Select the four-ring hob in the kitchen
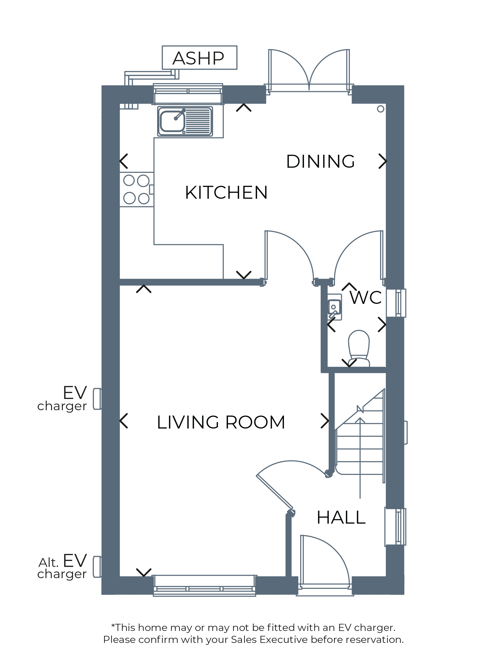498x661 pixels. point(137,189)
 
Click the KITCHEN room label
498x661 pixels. point(226,192)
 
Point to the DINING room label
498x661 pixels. point(320,162)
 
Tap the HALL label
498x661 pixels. point(341,517)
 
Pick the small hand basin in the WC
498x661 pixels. point(334,307)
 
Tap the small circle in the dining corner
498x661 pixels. point(381,109)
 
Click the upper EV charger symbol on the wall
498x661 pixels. point(97,399)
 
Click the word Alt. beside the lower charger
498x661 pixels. point(48,563)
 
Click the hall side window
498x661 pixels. point(395,527)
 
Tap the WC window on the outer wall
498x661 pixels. point(396,303)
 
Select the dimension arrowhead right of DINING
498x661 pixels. point(383,161)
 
